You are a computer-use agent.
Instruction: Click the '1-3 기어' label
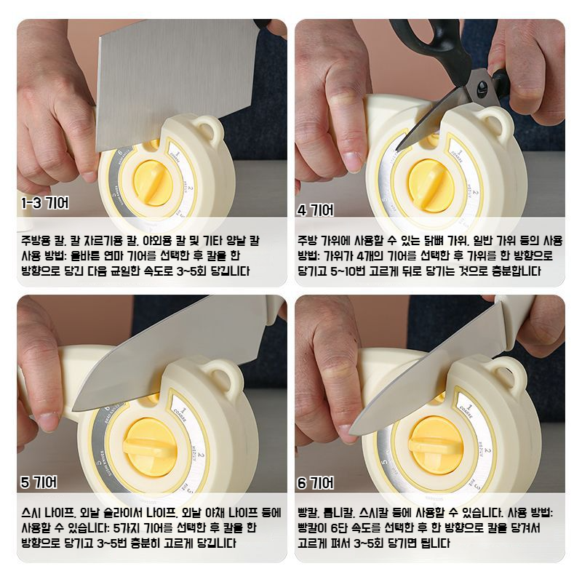(46, 204)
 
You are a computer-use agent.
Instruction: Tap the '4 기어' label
(316, 210)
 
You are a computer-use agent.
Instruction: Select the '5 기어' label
(39, 482)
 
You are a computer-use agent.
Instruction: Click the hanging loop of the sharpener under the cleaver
(211, 131)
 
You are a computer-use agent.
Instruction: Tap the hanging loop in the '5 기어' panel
(224, 375)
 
